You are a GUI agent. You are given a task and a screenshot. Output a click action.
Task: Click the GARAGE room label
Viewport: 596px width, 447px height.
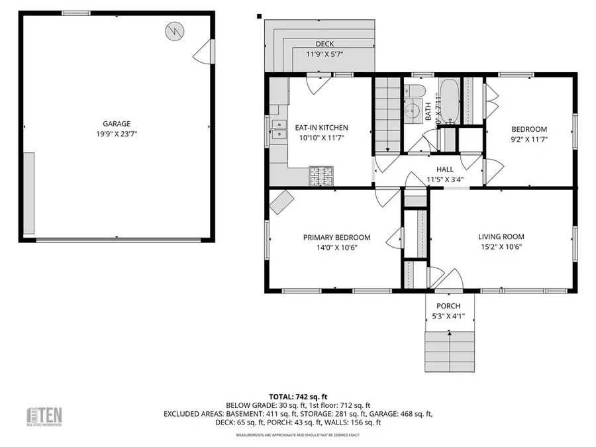pyautogui.click(x=116, y=123)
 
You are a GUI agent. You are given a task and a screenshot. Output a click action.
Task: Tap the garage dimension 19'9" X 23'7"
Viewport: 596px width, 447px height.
pyautogui.click(x=116, y=133)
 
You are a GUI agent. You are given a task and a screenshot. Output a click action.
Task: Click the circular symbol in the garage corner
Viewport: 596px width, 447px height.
pyautogui.click(x=175, y=30)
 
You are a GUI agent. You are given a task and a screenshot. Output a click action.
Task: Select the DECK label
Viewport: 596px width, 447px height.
pyautogui.click(x=324, y=44)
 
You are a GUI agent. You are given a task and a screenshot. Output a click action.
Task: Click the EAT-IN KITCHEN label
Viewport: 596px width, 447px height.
pyautogui.click(x=321, y=128)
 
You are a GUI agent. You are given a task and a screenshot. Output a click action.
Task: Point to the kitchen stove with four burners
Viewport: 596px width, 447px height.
pyautogui.click(x=322, y=176)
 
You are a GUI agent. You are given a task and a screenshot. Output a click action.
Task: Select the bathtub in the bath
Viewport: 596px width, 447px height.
pyautogui.click(x=448, y=101)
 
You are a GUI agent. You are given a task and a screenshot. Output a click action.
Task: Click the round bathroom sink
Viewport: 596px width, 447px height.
pyautogui.click(x=413, y=111)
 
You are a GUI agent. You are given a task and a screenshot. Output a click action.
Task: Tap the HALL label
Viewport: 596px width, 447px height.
pyautogui.click(x=444, y=170)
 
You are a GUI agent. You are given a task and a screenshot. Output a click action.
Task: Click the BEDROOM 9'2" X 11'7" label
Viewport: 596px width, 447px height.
pyautogui.click(x=529, y=129)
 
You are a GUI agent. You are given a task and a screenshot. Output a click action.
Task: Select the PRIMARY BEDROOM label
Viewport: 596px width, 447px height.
pyautogui.click(x=336, y=237)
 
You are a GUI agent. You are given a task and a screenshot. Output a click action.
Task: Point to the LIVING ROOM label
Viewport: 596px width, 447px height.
pyautogui.click(x=501, y=236)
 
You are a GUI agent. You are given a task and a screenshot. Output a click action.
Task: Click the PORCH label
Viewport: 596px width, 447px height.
pyautogui.click(x=448, y=306)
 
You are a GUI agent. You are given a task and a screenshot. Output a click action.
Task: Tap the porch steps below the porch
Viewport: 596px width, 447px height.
pyautogui.click(x=450, y=350)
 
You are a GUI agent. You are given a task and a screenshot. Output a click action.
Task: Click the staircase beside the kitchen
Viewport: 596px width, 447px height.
pyautogui.click(x=387, y=116)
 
